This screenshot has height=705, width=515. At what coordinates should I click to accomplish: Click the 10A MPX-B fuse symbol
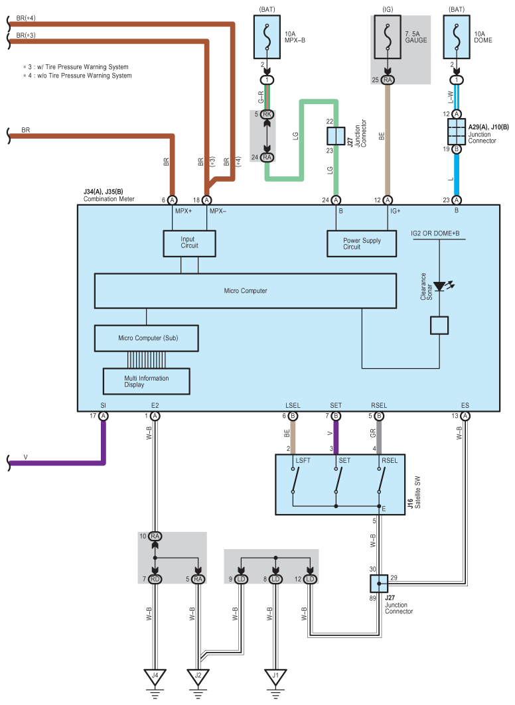pos(267,37)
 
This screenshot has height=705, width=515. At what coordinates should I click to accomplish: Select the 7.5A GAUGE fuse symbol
pos(388,37)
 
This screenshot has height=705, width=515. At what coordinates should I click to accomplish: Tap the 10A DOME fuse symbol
pos(457,37)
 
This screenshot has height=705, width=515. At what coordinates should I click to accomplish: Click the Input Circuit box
pos(189,243)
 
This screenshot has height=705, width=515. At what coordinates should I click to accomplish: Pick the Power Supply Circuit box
pos(362,243)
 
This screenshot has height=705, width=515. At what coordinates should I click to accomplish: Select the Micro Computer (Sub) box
pos(146,338)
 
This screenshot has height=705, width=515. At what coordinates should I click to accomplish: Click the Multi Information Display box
pos(147,381)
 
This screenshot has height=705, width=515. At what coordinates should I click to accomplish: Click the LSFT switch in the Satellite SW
pos(294,480)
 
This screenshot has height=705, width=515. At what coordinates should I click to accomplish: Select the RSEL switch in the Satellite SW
pos(380,480)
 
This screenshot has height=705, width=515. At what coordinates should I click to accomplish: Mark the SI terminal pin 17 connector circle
pos(103,416)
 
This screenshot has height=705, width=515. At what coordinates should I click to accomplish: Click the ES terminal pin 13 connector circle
pos(465,416)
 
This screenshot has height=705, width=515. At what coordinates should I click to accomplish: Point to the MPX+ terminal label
pos(184,211)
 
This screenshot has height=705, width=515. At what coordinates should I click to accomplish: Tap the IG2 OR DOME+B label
pos(435,233)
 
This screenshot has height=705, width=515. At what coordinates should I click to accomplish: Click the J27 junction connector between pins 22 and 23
pos(336,136)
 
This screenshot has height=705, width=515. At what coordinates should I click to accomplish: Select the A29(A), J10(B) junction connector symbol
pos(457,131)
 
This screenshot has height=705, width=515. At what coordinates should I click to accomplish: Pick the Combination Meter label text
pos(109,199)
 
